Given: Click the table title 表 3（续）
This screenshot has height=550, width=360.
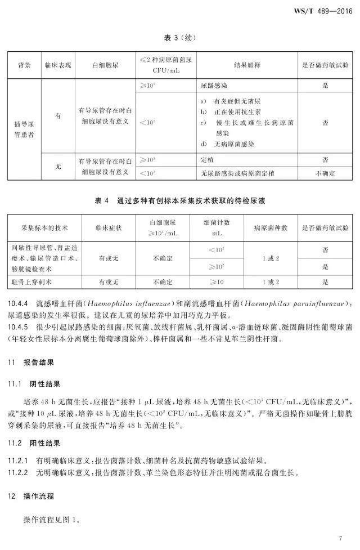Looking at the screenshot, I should tap(181, 38).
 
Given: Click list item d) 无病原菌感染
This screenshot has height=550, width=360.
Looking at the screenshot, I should tap(227, 144).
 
